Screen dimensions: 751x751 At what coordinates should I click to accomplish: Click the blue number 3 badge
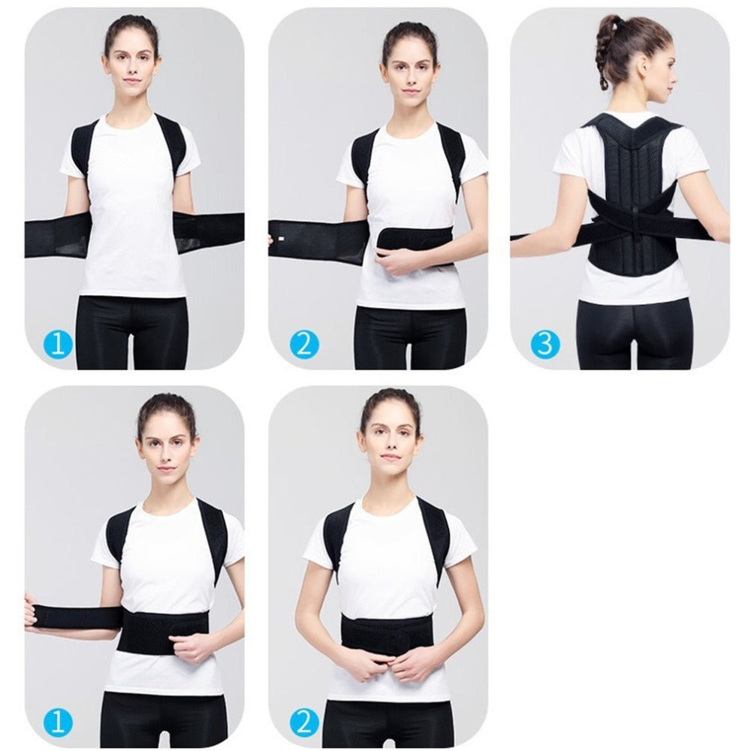point(545,343)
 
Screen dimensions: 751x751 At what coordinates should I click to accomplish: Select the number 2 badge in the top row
point(303,344)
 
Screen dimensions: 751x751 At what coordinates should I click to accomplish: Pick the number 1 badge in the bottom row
point(60,722)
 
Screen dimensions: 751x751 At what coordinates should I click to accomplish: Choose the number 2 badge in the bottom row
point(303,722)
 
